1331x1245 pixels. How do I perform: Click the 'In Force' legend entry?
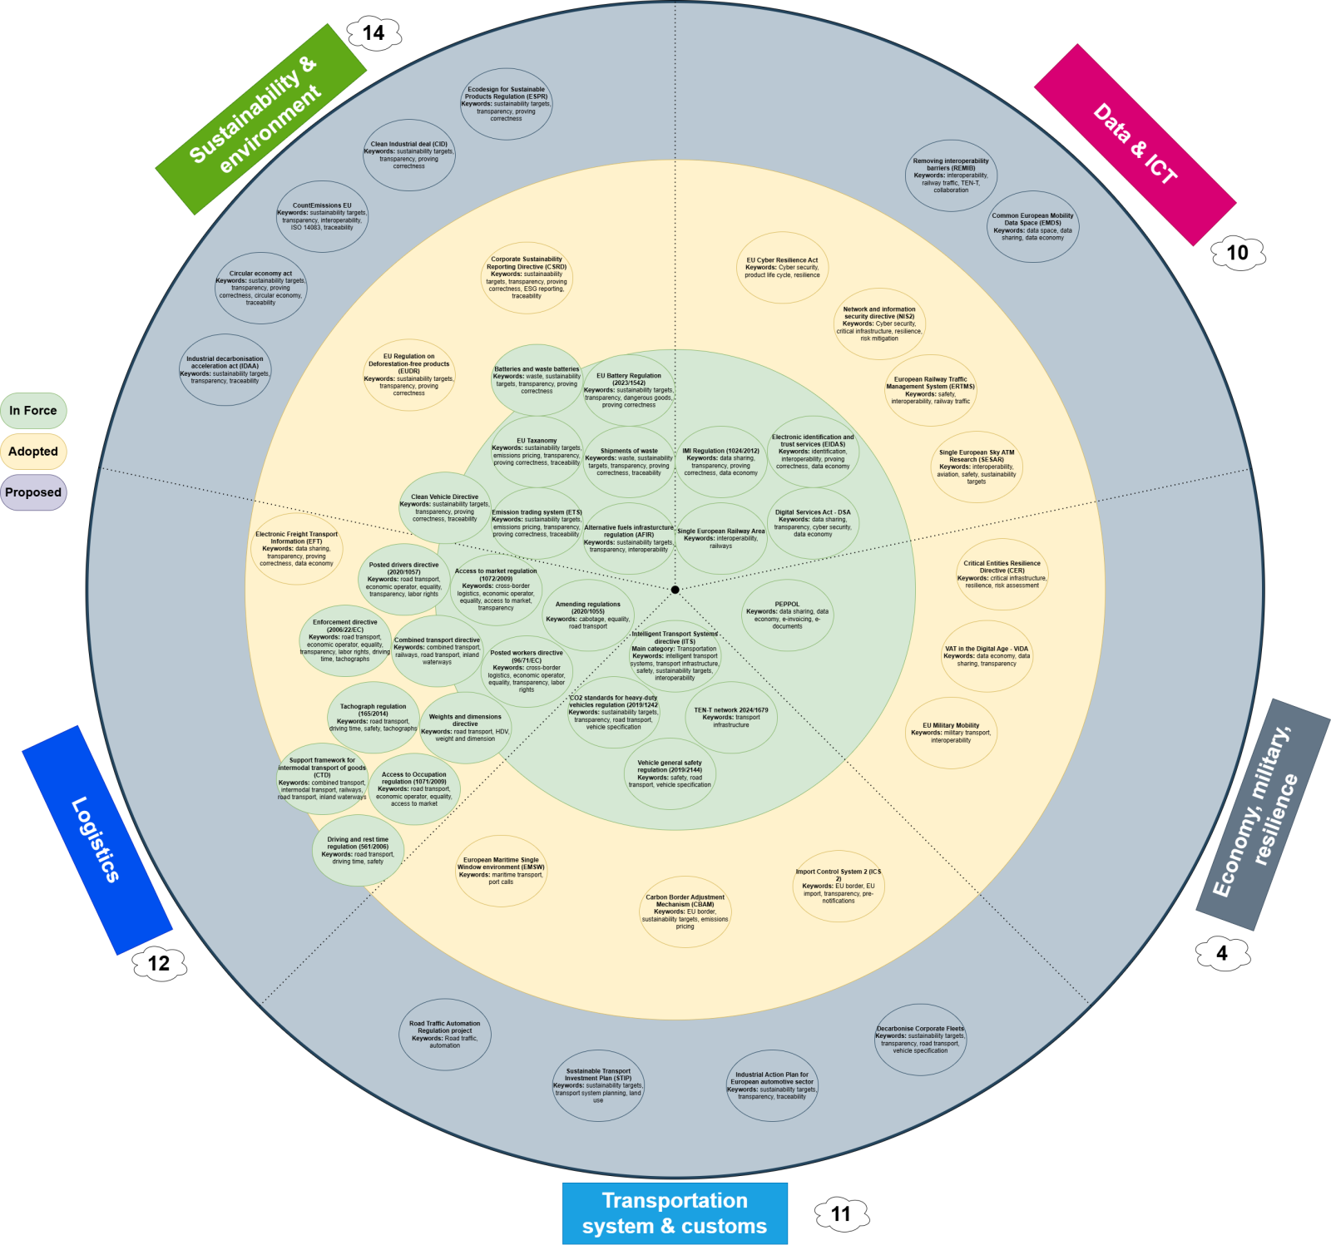click(33, 411)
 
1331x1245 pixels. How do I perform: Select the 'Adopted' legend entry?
click(33, 452)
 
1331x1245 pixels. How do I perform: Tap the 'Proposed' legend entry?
click(33, 492)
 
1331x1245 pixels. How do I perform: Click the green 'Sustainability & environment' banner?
click(260, 119)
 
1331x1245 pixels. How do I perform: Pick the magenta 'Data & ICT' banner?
click(1135, 145)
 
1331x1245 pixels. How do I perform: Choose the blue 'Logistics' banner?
click(96, 839)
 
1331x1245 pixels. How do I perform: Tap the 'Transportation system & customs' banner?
click(675, 1213)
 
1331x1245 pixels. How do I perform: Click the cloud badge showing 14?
click(374, 33)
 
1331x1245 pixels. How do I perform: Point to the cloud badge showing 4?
click(1222, 953)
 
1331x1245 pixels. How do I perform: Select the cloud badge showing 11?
click(841, 1214)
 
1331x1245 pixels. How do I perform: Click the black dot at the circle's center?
click(675, 590)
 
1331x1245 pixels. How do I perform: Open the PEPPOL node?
click(787, 615)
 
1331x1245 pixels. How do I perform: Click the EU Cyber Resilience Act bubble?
click(782, 268)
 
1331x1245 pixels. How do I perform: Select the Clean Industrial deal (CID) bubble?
click(409, 155)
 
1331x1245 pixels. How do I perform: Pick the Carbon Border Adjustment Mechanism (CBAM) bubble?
click(685, 912)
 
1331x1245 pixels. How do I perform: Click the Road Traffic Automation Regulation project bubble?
click(445, 1035)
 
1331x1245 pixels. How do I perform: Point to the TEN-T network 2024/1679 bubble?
click(731, 718)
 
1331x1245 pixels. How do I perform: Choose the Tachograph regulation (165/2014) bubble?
click(374, 718)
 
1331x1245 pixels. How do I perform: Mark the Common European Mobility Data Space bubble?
click(1032, 226)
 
